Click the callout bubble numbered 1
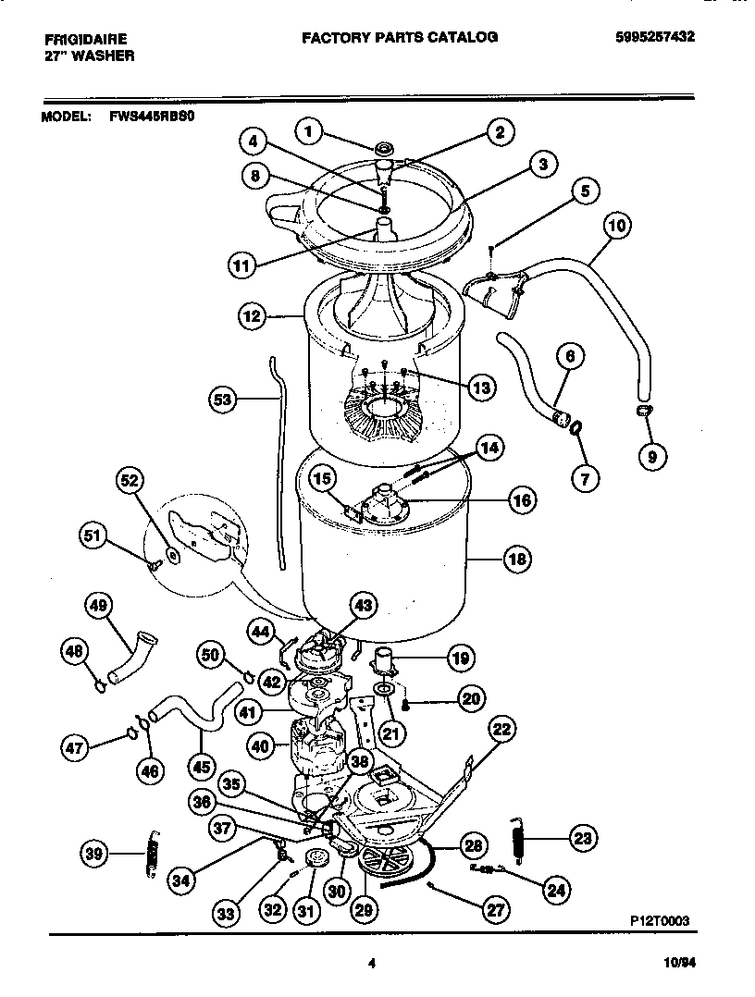click(x=312, y=131)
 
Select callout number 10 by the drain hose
click(x=617, y=225)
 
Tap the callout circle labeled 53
click(x=223, y=400)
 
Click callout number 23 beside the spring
click(x=580, y=840)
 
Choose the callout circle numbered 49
click(x=97, y=607)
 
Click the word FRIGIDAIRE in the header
click(x=85, y=38)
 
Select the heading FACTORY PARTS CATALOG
click(x=400, y=37)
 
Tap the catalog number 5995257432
click(x=655, y=37)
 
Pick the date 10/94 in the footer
click(x=680, y=963)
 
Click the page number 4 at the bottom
click(x=371, y=963)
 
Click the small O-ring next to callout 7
click(x=576, y=427)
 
